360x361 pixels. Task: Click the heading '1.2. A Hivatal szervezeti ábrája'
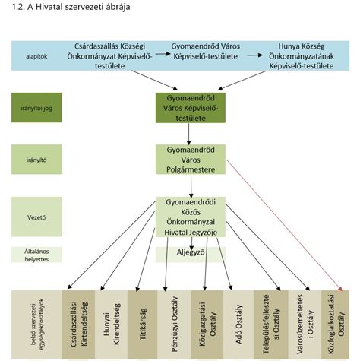tap(71, 7)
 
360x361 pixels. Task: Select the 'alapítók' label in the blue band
tap(36, 56)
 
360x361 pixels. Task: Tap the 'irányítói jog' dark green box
tap(36, 108)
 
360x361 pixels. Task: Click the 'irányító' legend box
tap(36, 160)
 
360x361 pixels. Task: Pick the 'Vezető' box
tap(36, 217)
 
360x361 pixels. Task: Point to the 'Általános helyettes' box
tap(36, 255)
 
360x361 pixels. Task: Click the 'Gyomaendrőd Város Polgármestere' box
tap(191, 160)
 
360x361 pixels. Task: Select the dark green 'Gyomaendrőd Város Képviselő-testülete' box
tap(191, 108)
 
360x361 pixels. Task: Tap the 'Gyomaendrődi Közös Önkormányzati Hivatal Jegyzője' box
tap(191, 217)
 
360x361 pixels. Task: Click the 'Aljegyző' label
tap(191, 252)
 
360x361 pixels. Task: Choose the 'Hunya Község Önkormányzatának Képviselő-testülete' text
tap(302, 56)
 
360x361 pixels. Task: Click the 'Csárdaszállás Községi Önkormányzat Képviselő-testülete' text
tap(109, 56)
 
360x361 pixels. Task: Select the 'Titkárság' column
tap(142, 325)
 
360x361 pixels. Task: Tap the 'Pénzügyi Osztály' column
tap(174, 325)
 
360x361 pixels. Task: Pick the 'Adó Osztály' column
tap(238, 325)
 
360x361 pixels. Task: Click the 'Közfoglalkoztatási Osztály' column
tap(335, 325)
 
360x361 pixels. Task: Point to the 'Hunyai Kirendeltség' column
tap(111, 325)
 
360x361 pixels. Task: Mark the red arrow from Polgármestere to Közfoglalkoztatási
tap(284, 226)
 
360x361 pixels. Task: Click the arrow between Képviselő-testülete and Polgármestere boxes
tap(188, 134)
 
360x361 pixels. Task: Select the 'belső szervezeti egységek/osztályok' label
tap(37, 325)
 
